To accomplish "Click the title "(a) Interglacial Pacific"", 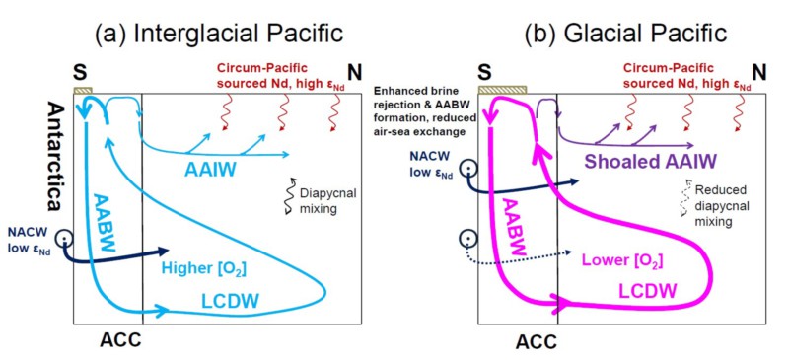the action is coord(219,34).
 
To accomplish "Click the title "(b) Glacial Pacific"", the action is coord(625,34).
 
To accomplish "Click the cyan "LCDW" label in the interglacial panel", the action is coord(229,300).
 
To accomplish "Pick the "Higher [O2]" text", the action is coord(203,269).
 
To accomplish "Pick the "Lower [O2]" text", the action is coord(622,260).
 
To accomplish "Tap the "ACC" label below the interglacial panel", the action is coord(120,340).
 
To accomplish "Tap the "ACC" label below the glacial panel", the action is coord(537,342).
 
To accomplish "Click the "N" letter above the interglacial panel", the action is coord(355,73).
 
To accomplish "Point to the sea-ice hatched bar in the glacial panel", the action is coord(502,90).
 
